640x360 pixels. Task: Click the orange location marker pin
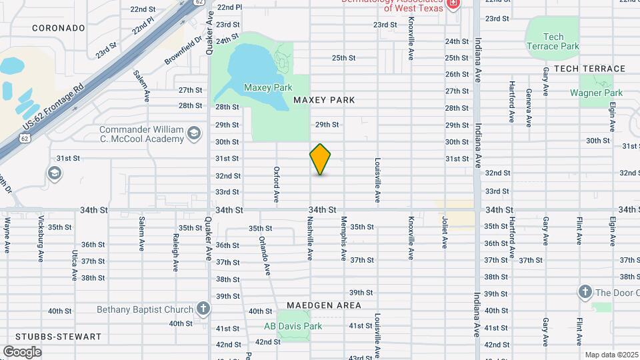(x=320, y=159)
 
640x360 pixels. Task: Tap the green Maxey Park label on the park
(x=268, y=87)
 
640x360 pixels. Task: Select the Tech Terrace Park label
(x=553, y=41)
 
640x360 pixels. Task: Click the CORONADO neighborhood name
(x=59, y=29)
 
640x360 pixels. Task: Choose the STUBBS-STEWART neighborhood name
(x=51, y=337)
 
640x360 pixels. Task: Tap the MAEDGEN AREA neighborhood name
(x=324, y=305)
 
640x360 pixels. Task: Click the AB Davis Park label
(x=293, y=326)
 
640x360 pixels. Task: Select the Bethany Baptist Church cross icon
(x=203, y=309)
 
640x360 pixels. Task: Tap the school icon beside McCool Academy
(x=193, y=133)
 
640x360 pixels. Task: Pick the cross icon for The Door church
(x=585, y=292)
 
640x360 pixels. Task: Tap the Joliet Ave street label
(x=445, y=231)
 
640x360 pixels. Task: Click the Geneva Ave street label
(x=529, y=107)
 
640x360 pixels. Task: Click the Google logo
(x=22, y=351)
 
